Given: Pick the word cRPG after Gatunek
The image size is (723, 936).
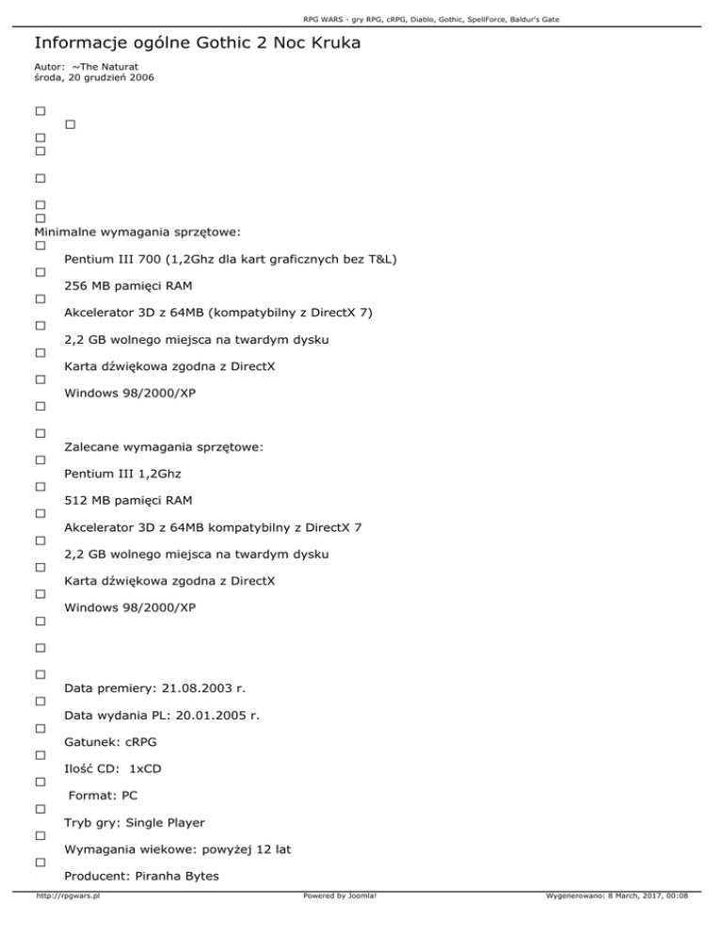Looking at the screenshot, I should pyautogui.click(x=138, y=742).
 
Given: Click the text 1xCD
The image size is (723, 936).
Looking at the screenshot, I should pyautogui.click(x=145, y=768).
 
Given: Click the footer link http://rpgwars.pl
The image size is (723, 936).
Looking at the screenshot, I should pyautogui.click(x=68, y=923).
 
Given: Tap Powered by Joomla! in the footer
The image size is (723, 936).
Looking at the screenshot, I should pyautogui.click(x=340, y=923).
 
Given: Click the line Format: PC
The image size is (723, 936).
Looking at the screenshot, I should pyautogui.click(x=103, y=796).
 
